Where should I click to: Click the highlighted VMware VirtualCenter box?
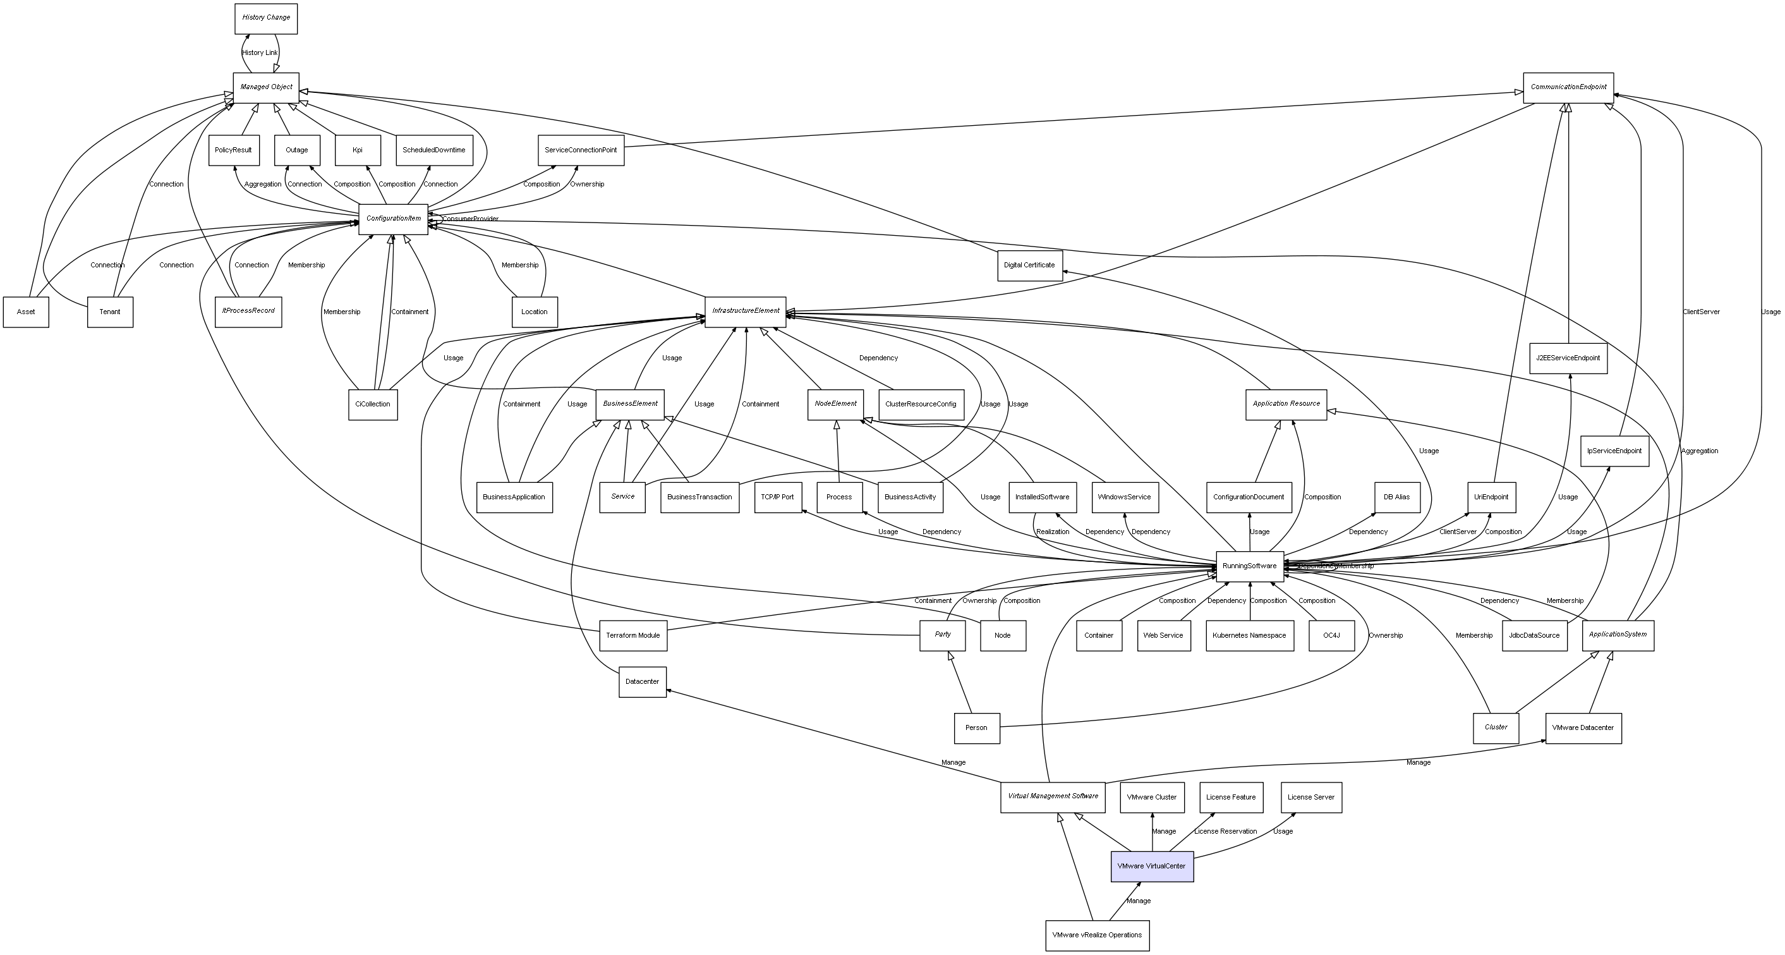(1152, 867)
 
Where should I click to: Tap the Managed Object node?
(266, 87)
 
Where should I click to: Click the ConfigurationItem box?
(394, 219)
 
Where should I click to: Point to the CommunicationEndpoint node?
(1568, 87)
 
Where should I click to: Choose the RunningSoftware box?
(1249, 566)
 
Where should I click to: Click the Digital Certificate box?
(1030, 265)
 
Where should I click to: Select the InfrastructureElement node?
(746, 311)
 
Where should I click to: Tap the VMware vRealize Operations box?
(1097, 935)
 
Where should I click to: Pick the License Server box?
(1311, 797)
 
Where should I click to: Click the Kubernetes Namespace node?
(1249, 636)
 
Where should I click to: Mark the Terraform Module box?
(632, 636)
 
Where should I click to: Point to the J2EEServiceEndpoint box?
(1568, 358)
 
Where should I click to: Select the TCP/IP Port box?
(777, 497)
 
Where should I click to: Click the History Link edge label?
(260, 52)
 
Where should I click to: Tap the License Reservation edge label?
(1225, 832)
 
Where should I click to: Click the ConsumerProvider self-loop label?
(471, 219)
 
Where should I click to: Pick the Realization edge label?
(1053, 532)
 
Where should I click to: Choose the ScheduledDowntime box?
(434, 150)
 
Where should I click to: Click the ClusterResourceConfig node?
(920, 404)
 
